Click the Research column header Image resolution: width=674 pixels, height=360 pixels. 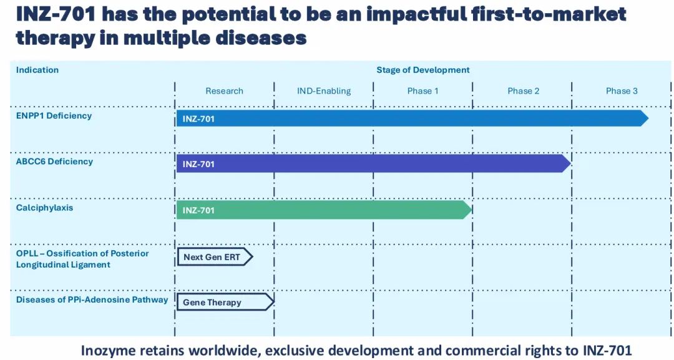coord(224,91)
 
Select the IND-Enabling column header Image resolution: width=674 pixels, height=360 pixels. coord(324,91)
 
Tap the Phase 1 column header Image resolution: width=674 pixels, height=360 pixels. coord(422,91)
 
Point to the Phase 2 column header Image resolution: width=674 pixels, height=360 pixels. coord(524,91)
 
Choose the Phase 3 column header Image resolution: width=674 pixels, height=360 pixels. coord(622,91)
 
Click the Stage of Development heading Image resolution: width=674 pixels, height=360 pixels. coord(422,70)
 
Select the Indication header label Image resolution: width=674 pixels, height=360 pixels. coord(37,70)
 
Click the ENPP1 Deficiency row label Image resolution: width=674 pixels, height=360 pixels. coord(54,115)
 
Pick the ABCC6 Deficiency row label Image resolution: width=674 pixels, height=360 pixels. coord(54,162)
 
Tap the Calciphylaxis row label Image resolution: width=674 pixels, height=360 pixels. coord(44,208)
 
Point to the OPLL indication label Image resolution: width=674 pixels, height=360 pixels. coord(82,259)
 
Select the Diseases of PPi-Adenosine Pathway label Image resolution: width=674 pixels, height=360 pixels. coord(92,300)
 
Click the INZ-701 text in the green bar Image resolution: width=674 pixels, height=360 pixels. coord(198,211)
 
